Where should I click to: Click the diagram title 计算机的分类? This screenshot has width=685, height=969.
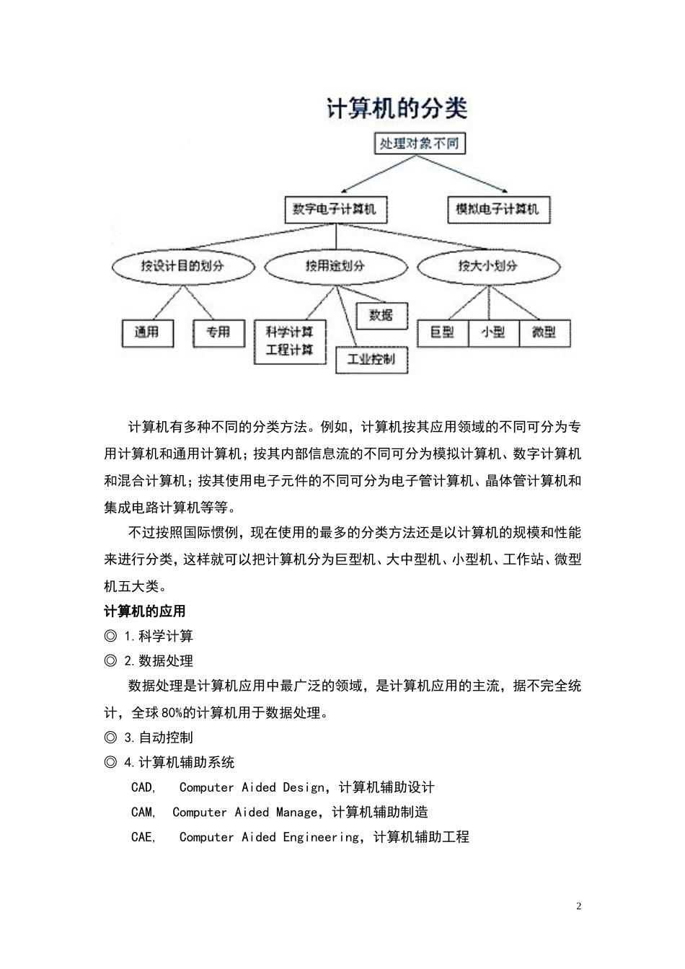(397, 109)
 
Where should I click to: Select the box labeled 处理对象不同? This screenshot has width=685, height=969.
(419, 143)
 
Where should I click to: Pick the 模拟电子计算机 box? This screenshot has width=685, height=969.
(497, 210)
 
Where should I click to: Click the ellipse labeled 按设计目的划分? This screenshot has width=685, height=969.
(182, 266)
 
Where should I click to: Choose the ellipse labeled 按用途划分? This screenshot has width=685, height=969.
(335, 266)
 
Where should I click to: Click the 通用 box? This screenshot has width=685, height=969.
(146, 332)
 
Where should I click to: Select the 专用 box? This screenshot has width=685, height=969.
(218, 332)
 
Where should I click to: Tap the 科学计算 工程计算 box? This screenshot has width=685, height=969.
(290, 342)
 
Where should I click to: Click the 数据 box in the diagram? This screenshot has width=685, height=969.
(381, 315)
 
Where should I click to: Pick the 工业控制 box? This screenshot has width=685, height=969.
(371, 359)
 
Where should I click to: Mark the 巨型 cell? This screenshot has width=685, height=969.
(442, 332)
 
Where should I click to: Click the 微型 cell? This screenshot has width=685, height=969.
(544, 332)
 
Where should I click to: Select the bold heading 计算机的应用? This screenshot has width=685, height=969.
(145, 611)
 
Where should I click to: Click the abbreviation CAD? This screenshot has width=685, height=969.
(142, 787)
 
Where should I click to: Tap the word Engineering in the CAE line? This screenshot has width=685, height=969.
(320, 837)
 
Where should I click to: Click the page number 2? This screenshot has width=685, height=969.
(578, 906)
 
